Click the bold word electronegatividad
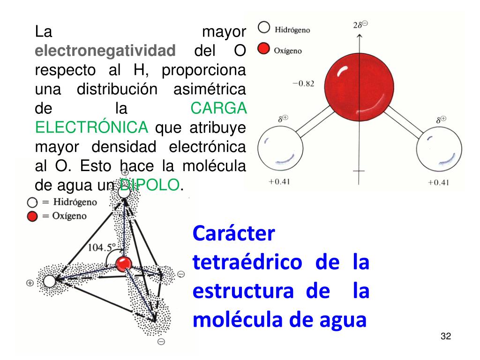point(105,51)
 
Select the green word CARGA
point(218,108)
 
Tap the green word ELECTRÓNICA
point(92,127)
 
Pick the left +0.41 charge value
point(279,181)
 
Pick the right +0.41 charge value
point(438,182)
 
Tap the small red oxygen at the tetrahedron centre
point(124,264)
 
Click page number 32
point(445,337)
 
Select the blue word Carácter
point(233,233)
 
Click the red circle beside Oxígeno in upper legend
point(264,49)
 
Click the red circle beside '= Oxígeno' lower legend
point(32,216)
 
